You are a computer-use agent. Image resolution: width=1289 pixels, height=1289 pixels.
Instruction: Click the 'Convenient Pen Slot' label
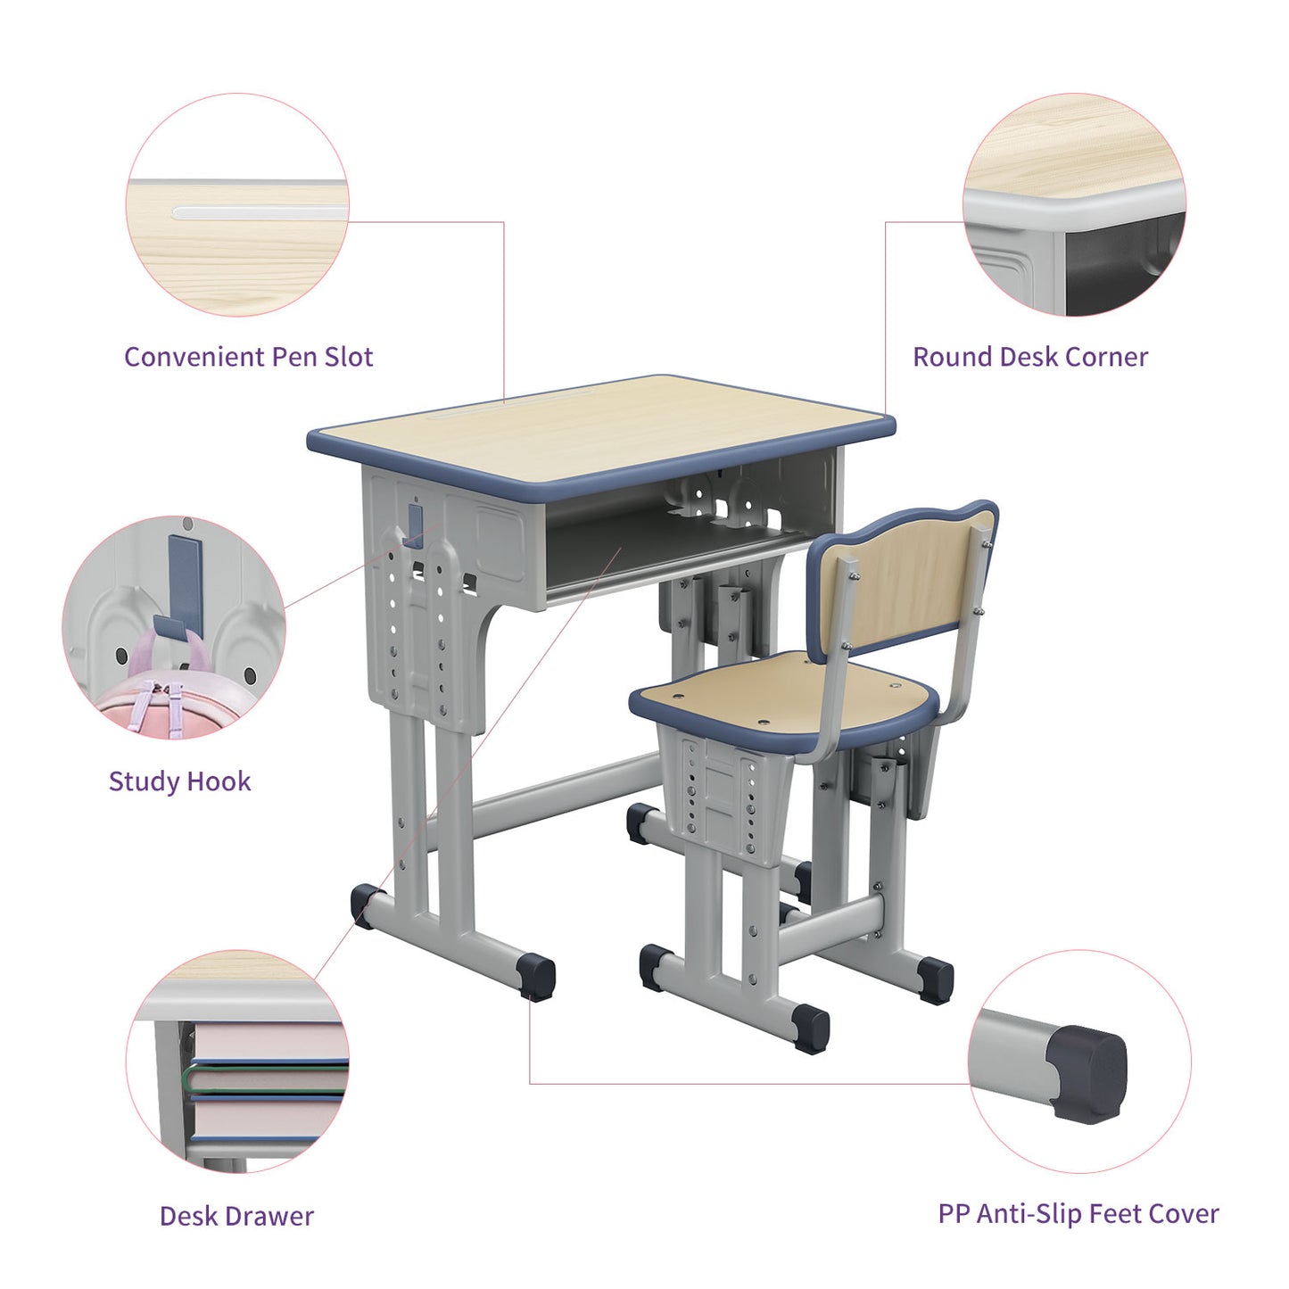tap(248, 357)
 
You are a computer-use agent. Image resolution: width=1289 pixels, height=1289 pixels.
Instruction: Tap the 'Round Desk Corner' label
tap(1029, 357)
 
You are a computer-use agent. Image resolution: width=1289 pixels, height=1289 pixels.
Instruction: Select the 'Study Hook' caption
tap(179, 781)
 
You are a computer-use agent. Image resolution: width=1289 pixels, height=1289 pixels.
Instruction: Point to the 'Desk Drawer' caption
tap(236, 1216)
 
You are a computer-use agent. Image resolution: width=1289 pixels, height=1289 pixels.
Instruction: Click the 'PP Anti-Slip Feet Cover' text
tap(1078, 1213)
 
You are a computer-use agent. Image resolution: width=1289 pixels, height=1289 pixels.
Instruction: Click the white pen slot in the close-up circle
tap(259, 212)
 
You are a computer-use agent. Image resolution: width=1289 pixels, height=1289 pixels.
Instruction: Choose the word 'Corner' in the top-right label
tap(1106, 357)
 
